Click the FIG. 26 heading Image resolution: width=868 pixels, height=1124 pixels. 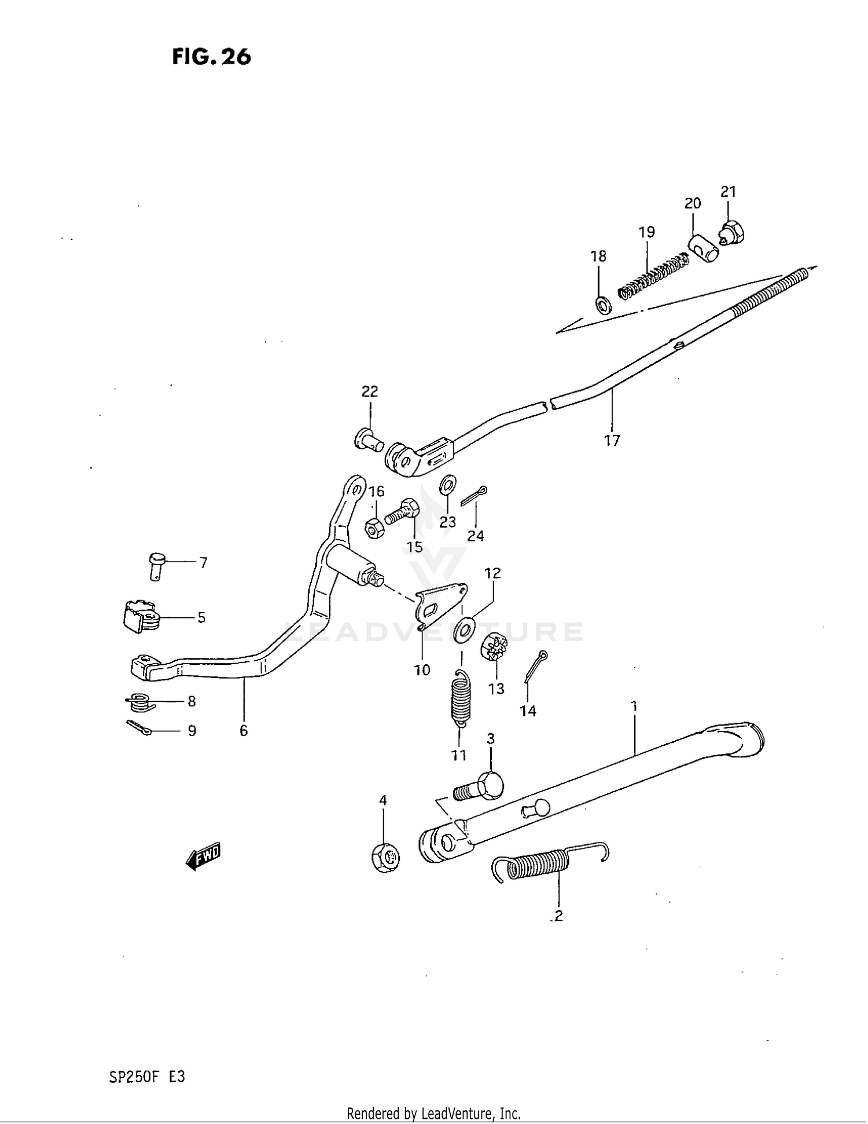(x=211, y=57)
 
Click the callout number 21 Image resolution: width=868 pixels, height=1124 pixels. (x=728, y=192)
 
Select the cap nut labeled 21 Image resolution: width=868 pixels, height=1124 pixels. (x=732, y=233)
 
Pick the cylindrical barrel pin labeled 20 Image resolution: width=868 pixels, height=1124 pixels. (x=703, y=247)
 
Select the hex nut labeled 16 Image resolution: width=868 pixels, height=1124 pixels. (x=374, y=528)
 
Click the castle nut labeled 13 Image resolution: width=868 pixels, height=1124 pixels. (x=495, y=647)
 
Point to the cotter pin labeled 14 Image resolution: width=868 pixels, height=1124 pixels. (x=535, y=667)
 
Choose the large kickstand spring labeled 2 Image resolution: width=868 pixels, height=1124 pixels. (x=547, y=864)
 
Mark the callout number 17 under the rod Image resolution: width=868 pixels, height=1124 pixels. (x=612, y=441)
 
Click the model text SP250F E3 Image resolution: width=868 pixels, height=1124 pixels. (x=147, y=1077)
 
